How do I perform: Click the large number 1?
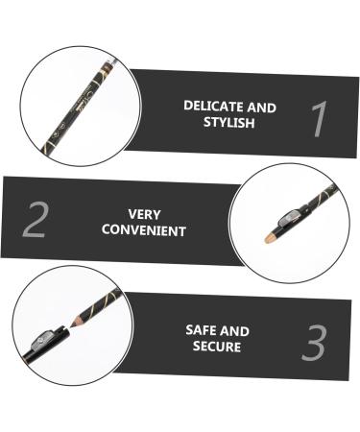coord(321,121)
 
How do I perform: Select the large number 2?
coord(35,220)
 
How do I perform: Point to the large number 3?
coord(314,344)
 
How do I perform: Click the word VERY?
coord(144,214)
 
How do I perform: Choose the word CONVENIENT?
coord(145,231)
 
